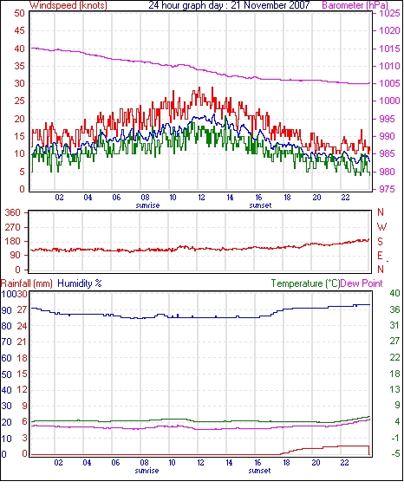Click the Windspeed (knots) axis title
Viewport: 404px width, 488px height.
[x=68, y=5]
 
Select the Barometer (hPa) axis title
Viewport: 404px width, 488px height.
[x=355, y=5]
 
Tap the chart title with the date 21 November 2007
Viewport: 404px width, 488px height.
[x=229, y=5]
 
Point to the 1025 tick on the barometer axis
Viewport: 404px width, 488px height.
[x=389, y=14]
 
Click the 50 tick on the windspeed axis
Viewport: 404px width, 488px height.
[x=19, y=13]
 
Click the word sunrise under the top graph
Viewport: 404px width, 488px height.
[x=147, y=205]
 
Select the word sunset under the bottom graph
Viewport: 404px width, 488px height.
[x=259, y=471]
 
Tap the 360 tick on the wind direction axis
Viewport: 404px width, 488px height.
[x=12, y=213]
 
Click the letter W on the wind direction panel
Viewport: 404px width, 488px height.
[x=381, y=227]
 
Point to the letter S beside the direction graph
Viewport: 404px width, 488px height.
[x=380, y=241]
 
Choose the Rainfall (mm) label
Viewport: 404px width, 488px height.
[x=27, y=283]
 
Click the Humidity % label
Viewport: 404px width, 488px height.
[x=80, y=283]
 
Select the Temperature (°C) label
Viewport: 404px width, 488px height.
[x=305, y=283]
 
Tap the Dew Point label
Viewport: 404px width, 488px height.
[x=362, y=283]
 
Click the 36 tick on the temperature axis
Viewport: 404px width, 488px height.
[x=394, y=309]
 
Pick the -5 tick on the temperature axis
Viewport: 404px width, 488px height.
[x=394, y=454]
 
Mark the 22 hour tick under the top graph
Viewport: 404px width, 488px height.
[x=345, y=198]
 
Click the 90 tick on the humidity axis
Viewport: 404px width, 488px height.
[x=7, y=310]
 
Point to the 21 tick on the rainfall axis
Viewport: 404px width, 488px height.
[x=22, y=342]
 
